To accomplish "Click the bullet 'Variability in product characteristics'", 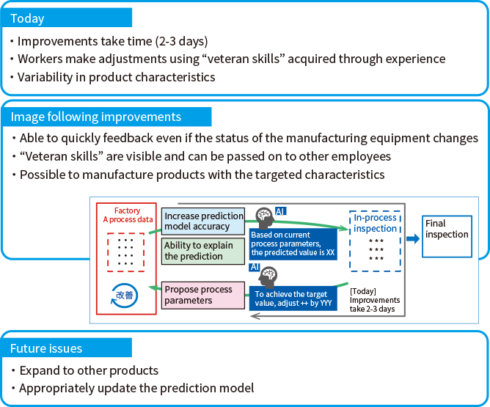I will pos(116,77).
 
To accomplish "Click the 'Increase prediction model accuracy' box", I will pos(203,221).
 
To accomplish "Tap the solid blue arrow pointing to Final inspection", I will pos(414,238).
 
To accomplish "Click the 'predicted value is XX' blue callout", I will pos(293,243).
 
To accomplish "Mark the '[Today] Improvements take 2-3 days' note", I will pos(375,299).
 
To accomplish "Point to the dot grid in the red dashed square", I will pos(126,252).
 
